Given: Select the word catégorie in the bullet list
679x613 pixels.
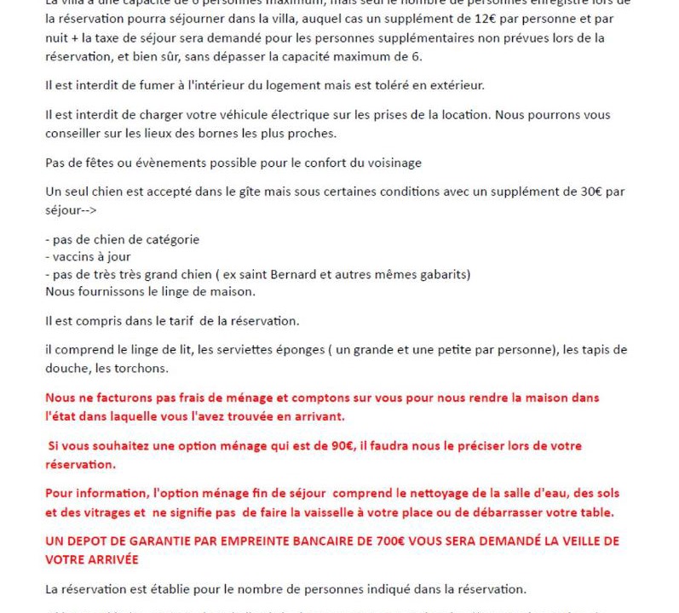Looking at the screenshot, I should pyautogui.click(x=170, y=239).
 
